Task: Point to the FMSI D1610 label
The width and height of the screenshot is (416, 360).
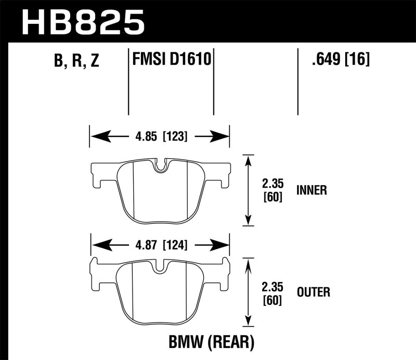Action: point(171,60)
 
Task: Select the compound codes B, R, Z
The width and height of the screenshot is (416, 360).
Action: point(76,61)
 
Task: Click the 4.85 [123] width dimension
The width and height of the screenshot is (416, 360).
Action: point(160,137)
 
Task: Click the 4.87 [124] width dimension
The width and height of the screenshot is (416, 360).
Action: point(160,245)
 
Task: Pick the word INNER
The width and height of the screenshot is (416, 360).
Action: point(312,190)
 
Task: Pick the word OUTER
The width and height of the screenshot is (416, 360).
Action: point(314,292)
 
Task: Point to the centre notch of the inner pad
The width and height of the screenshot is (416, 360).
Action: point(162,166)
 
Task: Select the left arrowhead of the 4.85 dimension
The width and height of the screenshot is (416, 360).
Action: point(96,137)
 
